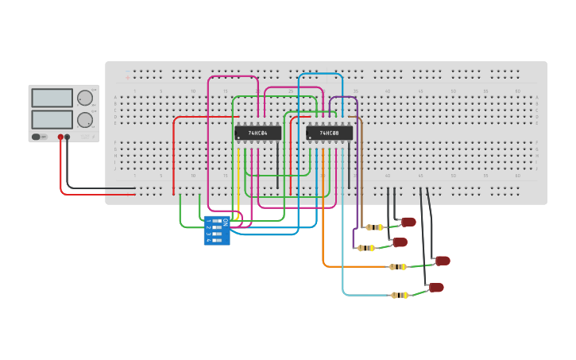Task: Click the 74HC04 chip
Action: click(x=257, y=133)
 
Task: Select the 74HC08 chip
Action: click(x=329, y=134)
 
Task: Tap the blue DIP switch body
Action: click(x=216, y=230)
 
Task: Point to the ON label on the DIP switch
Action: click(x=226, y=223)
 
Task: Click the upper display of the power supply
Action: click(x=52, y=98)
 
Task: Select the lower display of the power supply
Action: click(x=52, y=119)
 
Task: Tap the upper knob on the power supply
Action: click(x=84, y=98)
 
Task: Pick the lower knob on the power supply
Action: click(x=84, y=120)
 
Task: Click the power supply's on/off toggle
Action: click(x=37, y=137)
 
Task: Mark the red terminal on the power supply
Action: click(x=60, y=137)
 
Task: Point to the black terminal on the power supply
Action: click(x=68, y=137)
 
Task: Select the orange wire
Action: click(x=323, y=238)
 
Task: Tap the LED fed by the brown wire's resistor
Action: click(x=408, y=223)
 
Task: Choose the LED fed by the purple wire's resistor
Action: click(x=400, y=242)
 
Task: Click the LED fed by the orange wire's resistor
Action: click(x=443, y=261)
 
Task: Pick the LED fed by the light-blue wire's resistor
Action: click(x=435, y=288)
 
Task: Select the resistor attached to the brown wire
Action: click(x=374, y=227)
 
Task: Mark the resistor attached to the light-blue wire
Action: click(x=400, y=295)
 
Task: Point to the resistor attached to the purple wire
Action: click(x=366, y=248)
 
